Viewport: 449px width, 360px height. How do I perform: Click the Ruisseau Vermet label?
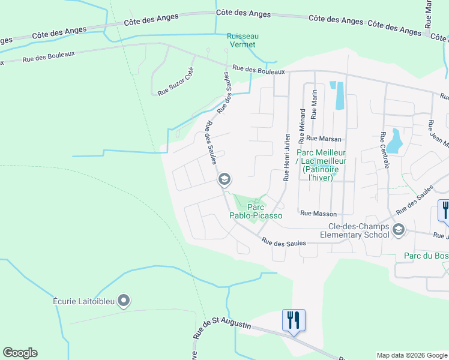pos(241,40)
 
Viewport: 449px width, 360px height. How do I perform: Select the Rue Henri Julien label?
pos(287,157)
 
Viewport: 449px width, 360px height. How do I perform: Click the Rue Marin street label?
pos(314,104)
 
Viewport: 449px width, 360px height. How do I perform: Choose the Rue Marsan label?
pos(324,139)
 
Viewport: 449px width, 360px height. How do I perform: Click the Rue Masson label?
pos(318,214)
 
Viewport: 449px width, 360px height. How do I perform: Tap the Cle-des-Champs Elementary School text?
pos(358,231)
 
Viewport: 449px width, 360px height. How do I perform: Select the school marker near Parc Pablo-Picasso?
pos(224,179)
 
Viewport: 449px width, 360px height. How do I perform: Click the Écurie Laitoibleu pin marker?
pos(124,300)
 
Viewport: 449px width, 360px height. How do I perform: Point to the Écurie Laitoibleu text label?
pos(83,301)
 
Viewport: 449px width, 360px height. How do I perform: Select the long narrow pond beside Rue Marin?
pos(339,95)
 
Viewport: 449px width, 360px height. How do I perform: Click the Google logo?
pos(20,353)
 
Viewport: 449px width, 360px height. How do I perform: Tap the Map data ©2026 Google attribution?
pos(411,355)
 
